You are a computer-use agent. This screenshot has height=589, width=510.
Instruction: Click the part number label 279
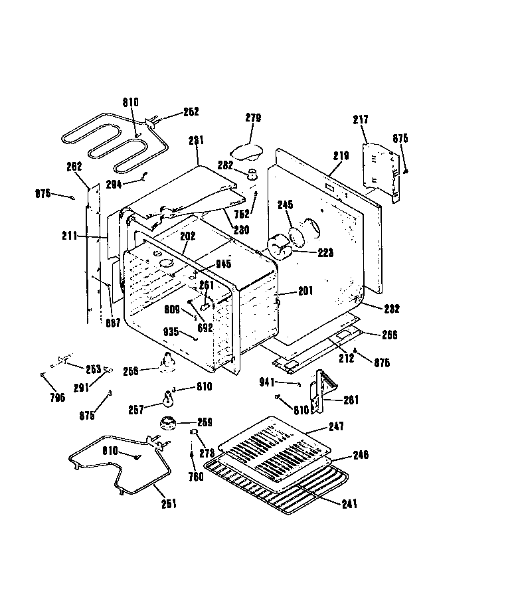click(253, 118)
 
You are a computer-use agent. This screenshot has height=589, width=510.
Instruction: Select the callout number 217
click(361, 120)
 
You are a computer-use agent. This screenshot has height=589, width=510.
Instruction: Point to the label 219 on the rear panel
click(341, 156)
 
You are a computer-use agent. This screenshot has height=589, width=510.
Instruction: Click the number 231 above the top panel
click(197, 141)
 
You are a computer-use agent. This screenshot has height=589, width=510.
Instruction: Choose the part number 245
click(286, 205)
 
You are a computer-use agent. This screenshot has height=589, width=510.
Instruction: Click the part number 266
click(389, 335)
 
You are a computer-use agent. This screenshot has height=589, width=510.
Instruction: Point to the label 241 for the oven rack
click(349, 504)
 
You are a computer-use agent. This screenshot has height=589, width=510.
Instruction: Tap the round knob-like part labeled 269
click(168, 423)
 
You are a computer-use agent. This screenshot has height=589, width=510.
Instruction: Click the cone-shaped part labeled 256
click(166, 361)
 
